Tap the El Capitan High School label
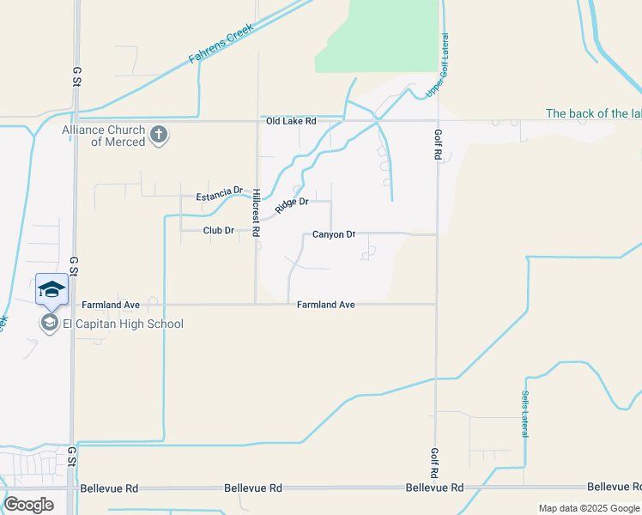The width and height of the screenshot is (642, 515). (123, 324)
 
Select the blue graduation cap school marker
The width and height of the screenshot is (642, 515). (51, 289)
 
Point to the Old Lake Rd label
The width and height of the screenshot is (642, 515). (291, 122)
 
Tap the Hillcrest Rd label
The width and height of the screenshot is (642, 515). (256, 208)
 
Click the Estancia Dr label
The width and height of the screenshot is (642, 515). (220, 196)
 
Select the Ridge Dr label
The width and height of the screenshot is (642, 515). (292, 206)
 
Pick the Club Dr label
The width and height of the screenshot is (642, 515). (219, 230)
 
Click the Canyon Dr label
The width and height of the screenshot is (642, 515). (334, 234)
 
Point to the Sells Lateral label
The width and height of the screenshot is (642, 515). (524, 414)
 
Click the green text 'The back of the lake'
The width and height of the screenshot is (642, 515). (593, 113)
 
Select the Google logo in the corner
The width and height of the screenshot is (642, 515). (28, 504)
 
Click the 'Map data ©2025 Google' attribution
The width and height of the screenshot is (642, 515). (589, 508)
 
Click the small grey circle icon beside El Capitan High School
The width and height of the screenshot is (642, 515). (48, 324)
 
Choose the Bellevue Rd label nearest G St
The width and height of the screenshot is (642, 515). (109, 488)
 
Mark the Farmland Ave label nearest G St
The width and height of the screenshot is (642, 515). (110, 305)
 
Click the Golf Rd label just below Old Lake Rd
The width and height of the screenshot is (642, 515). (437, 145)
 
